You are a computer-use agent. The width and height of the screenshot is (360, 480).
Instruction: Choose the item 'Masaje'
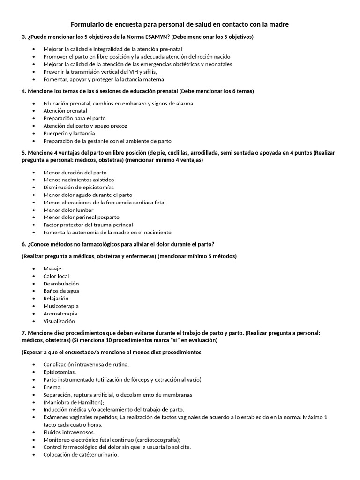tap(52, 269)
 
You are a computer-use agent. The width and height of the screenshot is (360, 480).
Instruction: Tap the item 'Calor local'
tap(56, 276)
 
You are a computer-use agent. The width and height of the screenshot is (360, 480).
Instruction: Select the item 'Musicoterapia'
tap(61, 306)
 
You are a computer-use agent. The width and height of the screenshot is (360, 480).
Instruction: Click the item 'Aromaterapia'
tap(60, 314)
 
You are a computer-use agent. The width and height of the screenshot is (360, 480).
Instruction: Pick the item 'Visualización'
tap(59, 321)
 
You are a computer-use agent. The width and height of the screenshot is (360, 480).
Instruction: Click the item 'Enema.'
tap(52, 387)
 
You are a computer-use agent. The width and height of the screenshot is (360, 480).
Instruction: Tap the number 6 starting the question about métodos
tap(23, 244)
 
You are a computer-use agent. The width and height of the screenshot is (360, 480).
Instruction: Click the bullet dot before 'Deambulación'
tap(34, 284)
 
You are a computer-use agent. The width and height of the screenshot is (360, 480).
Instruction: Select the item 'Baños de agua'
tap(61, 291)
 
